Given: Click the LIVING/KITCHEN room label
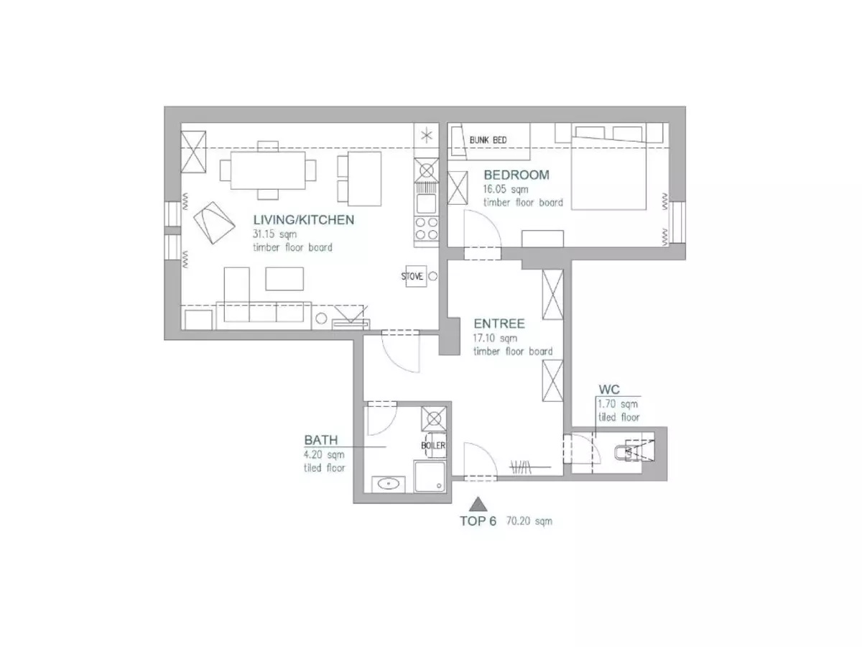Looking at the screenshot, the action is coord(304,220).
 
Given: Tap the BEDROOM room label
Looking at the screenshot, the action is coord(516,175).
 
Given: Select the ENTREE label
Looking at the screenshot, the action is coord(499,323).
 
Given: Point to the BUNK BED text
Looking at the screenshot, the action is coord(488,140).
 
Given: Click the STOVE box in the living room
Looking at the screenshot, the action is coord(416,276).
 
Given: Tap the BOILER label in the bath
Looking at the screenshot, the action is coord(433,446).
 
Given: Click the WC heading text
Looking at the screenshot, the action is coord(609,390).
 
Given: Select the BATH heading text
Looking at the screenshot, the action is coord(321,440).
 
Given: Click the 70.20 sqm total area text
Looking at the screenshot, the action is coord(529,521).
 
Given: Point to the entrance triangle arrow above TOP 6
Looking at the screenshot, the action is coord(478,505).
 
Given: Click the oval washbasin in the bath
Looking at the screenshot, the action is coord(388,484).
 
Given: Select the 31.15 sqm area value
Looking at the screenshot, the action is coord(274,234).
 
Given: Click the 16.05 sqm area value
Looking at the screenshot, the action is coord(506,189).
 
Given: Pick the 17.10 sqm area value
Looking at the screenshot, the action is coord(495,338).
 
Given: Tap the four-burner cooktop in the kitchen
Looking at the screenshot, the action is coord(427,229).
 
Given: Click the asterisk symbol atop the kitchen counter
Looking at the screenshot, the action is coord(427,137).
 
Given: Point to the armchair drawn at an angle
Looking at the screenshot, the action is coord(214,223).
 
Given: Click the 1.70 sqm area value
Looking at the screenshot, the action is coord(618,404).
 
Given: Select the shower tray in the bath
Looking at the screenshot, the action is coord(430,477).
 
